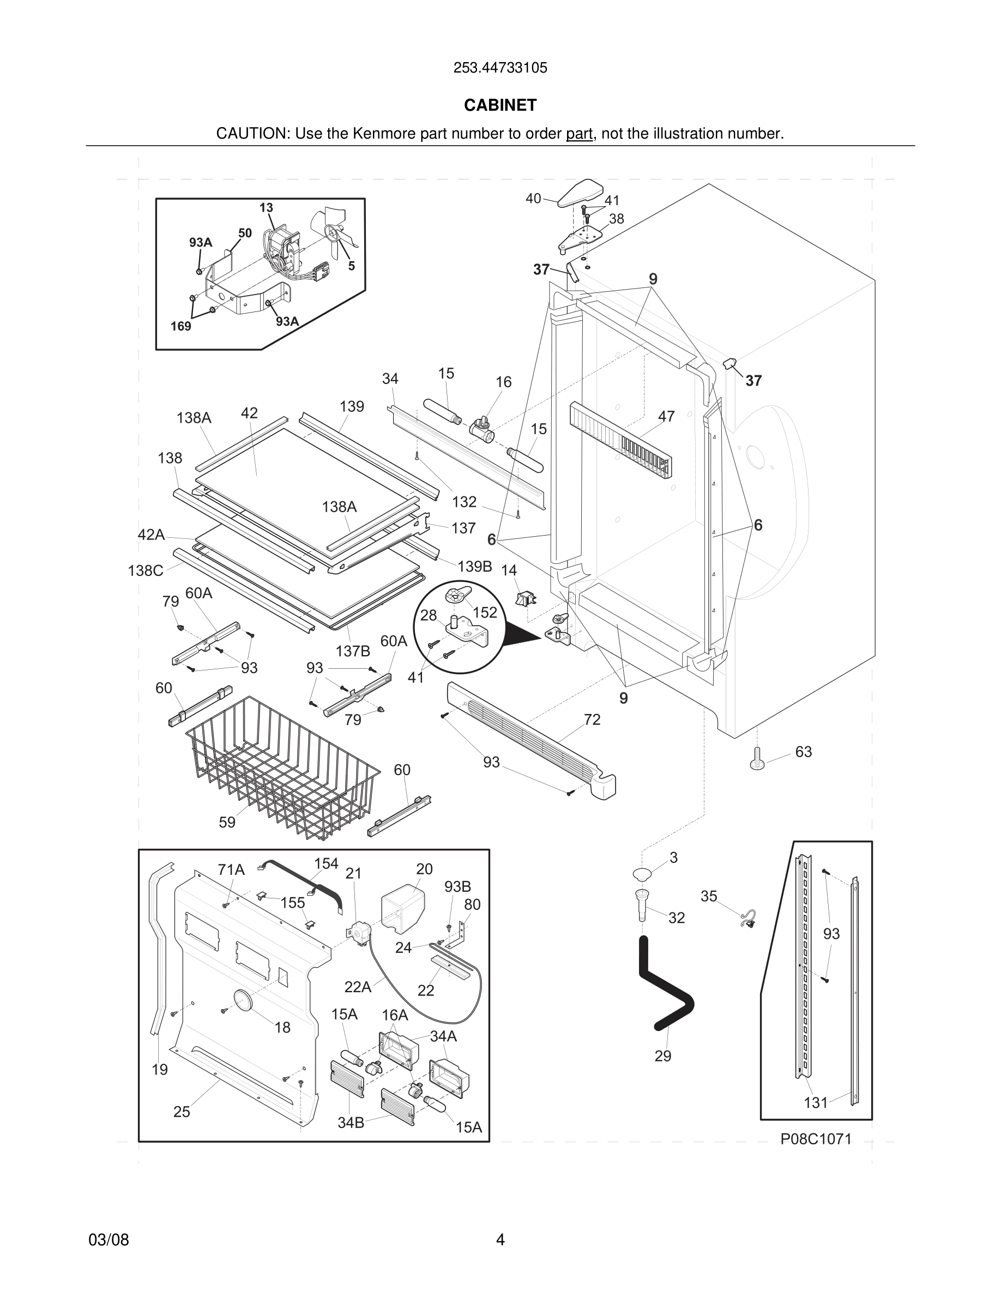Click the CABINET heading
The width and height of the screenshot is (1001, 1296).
pyautogui.click(x=500, y=105)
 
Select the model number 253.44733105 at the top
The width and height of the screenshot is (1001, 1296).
pyautogui.click(x=500, y=68)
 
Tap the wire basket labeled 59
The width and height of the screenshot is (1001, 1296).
pyautogui.click(x=282, y=769)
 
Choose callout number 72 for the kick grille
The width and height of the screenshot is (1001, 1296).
pyautogui.click(x=592, y=719)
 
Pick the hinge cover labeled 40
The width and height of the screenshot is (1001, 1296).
pyautogui.click(x=580, y=191)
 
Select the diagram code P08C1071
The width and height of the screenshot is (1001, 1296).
pyautogui.click(x=816, y=1139)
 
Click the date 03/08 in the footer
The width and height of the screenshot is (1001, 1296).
pyautogui.click(x=108, y=1240)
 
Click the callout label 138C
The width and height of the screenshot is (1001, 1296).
pyautogui.click(x=145, y=570)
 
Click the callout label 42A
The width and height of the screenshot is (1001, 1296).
pyautogui.click(x=150, y=535)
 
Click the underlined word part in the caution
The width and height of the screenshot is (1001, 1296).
pyautogui.click(x=579, y=134)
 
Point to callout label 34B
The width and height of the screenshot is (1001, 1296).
pyautogui.click(x=351, y=1122)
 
